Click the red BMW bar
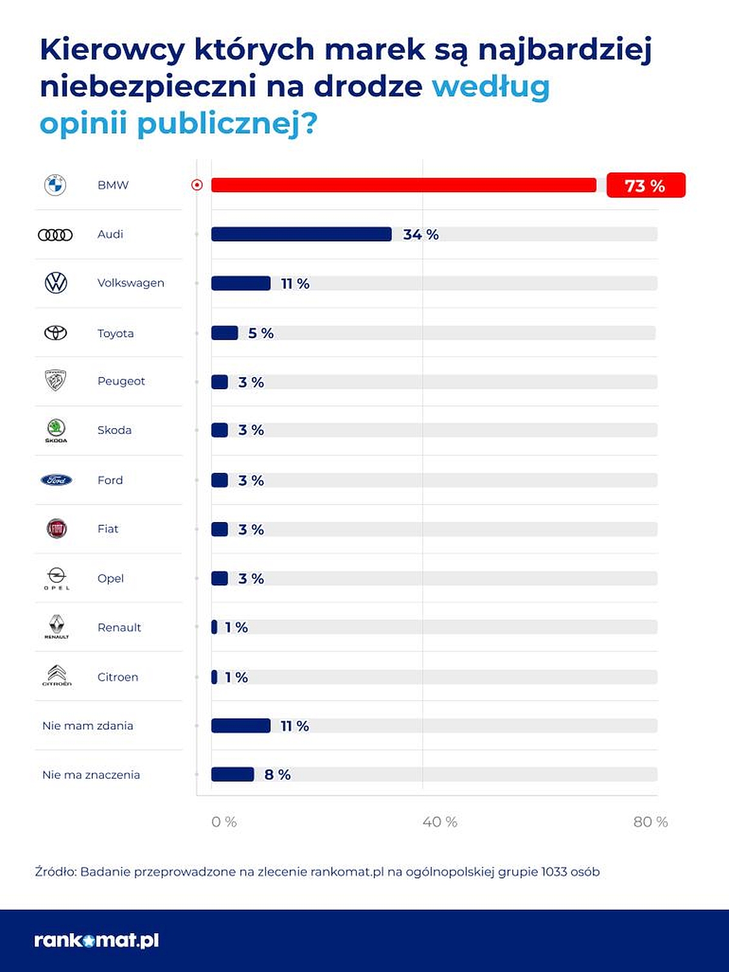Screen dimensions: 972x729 click(x=403, y=185)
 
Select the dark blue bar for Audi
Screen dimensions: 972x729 click(x=301, y=234)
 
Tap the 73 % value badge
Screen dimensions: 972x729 click(x=645, y=185)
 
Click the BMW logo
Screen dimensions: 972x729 click(x=55, y=185)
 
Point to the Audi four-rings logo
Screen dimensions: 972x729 click(x=55, y=235)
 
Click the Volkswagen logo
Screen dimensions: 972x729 click(x=56, y=283)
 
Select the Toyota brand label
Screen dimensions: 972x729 click(x=115, y=333)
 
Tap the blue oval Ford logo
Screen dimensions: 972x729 click(x=56, y=480)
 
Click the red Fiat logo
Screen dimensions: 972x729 click(x=56, y=529)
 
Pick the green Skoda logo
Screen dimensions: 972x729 click(x=56, y=428)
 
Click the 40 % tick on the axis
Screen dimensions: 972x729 click(x=439, y=822)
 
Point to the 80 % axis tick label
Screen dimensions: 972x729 click(x=650, y=822)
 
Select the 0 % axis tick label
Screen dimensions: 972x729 click(x=224, y=822)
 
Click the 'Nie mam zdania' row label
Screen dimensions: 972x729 click(x=87, y=726)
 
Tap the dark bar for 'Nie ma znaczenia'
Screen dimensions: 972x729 click(x=232, y=774)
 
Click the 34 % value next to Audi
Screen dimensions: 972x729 click(x=420, y=235)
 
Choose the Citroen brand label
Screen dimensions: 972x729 click(x=118, y=677)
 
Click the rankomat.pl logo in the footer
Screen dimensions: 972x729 click(x=97, y=940)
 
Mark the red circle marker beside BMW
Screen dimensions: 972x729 click(x=197, y=185)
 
